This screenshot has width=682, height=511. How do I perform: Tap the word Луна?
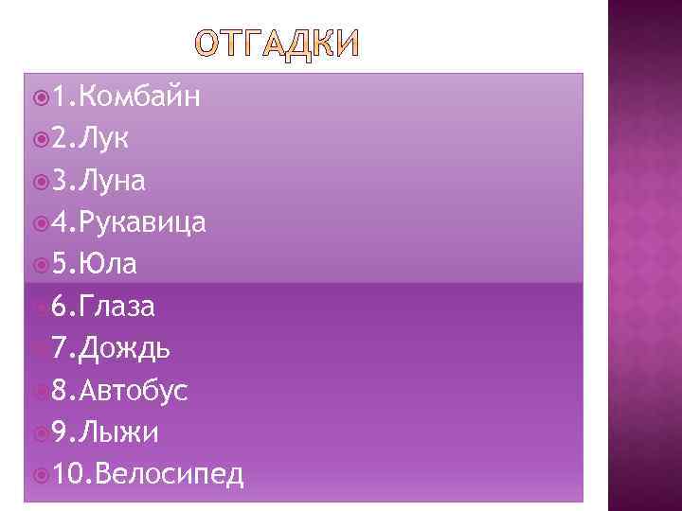coord(113,180)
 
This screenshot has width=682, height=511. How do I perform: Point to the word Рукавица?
coord(143,222)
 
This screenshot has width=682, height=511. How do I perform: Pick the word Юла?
coord(108,264)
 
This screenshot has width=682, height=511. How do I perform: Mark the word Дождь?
coord(125,349)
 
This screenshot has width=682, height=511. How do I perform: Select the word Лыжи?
coord(118,432)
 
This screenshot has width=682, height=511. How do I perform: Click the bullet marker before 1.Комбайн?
coord(39,97)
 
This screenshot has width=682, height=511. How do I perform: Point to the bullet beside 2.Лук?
coord(39,139)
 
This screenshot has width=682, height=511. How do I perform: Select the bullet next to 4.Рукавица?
coord(39,223)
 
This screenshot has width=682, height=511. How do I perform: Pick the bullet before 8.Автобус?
coord(39,391)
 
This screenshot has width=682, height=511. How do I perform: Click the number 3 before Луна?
coord(61,181)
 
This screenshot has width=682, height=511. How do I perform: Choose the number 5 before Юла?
coord(61,265)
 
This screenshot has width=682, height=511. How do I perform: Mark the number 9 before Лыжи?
coord(61,433)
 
